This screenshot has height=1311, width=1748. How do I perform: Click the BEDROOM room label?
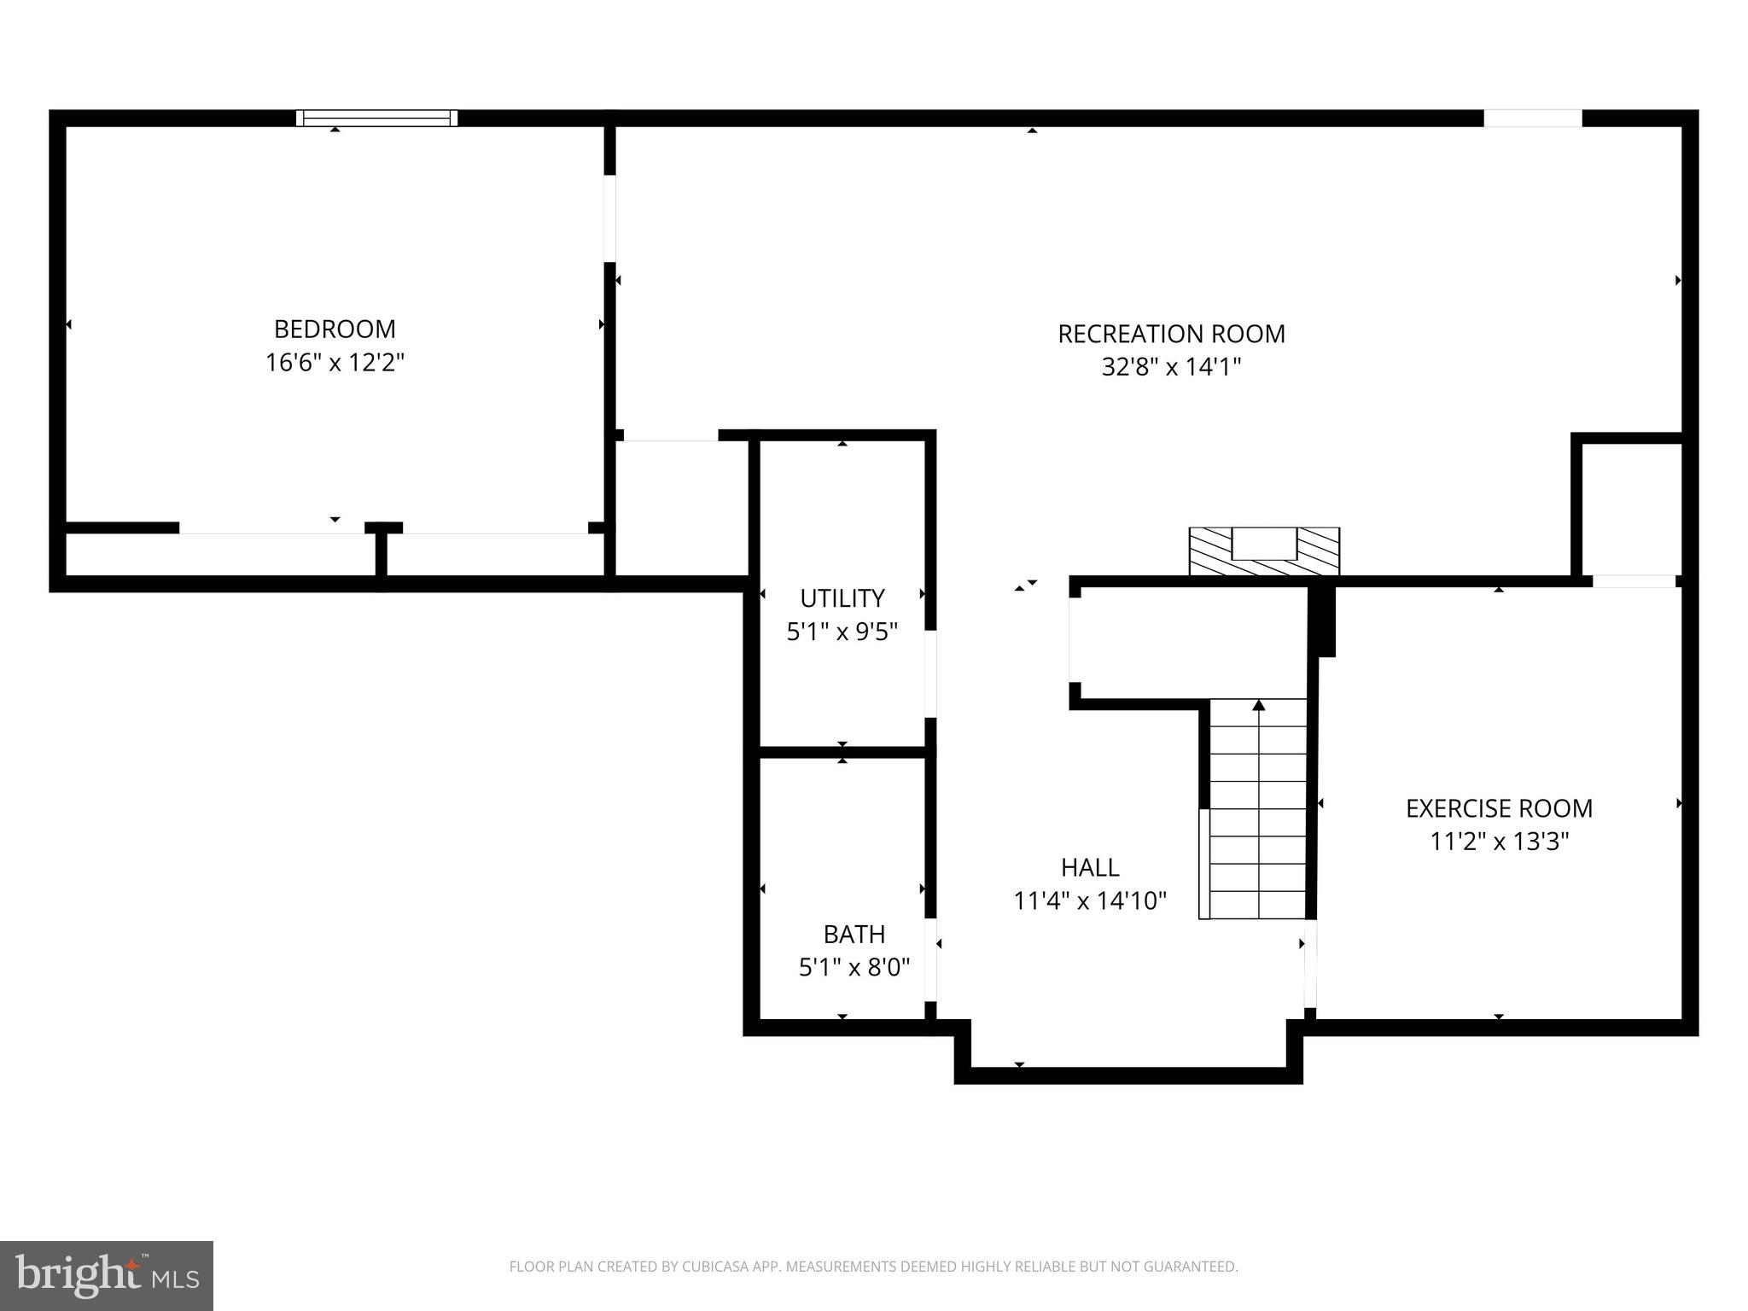(335, 329)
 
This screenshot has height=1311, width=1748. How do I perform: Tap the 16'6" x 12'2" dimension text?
(335, 363)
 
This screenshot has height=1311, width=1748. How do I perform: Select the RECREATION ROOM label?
(1171, 334)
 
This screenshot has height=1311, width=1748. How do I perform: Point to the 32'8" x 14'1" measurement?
(1171, 367)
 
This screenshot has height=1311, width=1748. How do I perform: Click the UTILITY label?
(842, 597)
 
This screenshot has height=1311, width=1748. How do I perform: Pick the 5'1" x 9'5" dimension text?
(842, 632)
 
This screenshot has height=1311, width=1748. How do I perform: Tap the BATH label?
(854, 934)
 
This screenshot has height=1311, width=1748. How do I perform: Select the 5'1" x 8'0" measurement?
(854, 967)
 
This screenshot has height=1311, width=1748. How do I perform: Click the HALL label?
(1090, 867)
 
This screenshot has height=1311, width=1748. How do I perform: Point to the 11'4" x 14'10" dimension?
(1090, 900)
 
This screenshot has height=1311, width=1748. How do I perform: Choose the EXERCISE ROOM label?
(1499, 808)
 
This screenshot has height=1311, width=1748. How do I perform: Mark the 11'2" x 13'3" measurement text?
(1499, 842)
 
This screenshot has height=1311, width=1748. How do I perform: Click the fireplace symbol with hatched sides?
(1264, 551)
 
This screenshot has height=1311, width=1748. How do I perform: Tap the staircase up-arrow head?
(1258, 705)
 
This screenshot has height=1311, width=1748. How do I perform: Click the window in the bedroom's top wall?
(376, 118)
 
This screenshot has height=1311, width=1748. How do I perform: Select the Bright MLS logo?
(106, 1275)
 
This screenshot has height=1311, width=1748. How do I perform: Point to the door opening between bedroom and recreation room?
(609, 218)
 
